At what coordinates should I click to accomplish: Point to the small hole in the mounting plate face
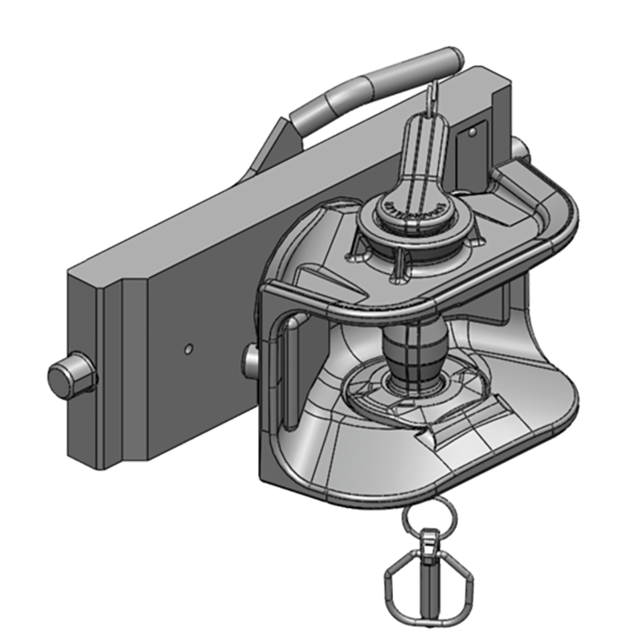[x=187, y=349]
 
